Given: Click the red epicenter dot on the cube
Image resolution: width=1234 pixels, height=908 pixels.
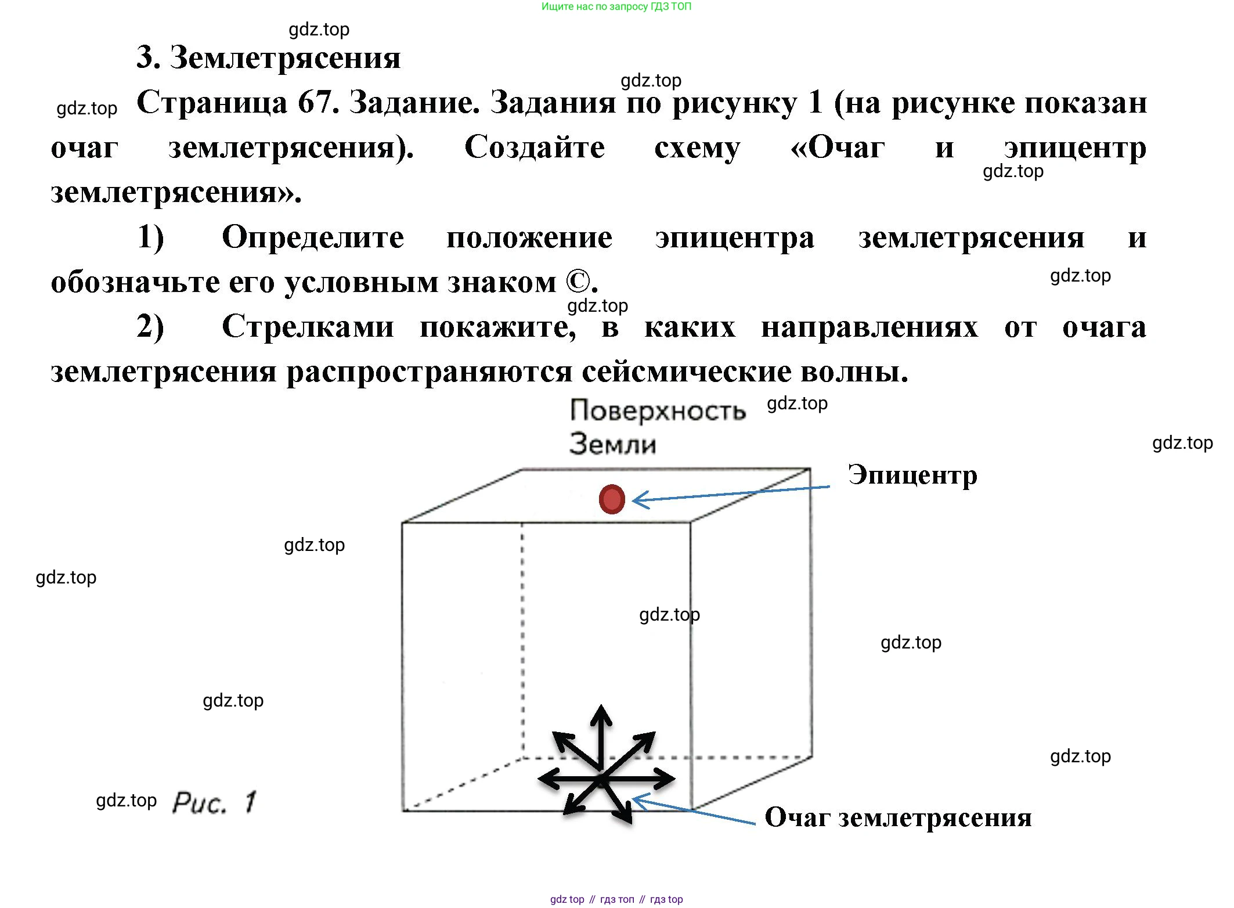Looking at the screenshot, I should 612,499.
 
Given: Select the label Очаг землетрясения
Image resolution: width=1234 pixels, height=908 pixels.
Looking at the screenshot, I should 898,818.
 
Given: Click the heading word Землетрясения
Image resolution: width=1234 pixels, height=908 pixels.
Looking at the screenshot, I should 285,58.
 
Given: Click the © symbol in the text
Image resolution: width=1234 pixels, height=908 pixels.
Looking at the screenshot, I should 577,283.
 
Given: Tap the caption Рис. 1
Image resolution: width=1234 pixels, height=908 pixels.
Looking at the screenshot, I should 214,803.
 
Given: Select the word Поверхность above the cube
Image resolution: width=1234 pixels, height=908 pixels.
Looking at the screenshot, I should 657,411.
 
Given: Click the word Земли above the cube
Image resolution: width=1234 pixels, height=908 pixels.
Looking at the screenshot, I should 613,444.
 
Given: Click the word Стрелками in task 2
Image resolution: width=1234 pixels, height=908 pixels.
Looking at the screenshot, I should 308,327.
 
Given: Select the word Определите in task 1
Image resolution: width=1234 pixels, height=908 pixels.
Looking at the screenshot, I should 313,237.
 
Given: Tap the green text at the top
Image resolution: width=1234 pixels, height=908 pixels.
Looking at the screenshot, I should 616,7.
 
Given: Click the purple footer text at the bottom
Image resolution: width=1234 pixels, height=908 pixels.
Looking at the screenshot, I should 616,899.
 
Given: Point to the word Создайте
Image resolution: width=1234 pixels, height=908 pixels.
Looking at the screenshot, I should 535,147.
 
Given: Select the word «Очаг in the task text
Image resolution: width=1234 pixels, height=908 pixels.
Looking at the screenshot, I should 838,147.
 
